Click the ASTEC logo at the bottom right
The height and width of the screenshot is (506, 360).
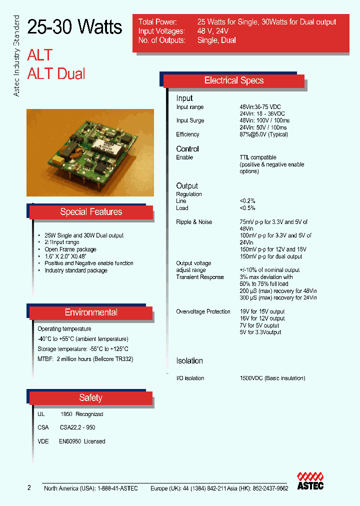pos(310,480)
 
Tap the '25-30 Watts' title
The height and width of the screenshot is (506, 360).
pos(74,27)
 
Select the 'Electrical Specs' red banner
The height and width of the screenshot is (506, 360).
pos(234,80)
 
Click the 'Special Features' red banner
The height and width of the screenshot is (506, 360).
pos(91,212)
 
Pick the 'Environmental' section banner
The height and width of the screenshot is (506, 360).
pos(91,312)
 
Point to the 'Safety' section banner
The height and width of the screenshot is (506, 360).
pos(90,398)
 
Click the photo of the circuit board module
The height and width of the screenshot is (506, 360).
pos(90,152)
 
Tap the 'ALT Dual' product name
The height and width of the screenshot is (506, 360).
pos(56,73)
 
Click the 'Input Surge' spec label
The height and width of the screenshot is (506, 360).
pos(190,120)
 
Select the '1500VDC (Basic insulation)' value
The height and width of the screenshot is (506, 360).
pos(272,378)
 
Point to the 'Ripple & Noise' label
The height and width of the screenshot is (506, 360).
pos(194,222)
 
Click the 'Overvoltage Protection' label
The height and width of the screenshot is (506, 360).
pos(203,311)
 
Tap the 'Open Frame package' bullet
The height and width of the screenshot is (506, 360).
pos(70,249)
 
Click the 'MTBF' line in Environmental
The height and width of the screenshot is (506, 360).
pos(85,359)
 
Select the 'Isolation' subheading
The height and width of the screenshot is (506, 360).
pos(189,360)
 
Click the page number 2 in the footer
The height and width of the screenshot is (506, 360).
pos(29,487)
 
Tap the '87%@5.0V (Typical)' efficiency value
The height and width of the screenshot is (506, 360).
pos(263,134)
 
